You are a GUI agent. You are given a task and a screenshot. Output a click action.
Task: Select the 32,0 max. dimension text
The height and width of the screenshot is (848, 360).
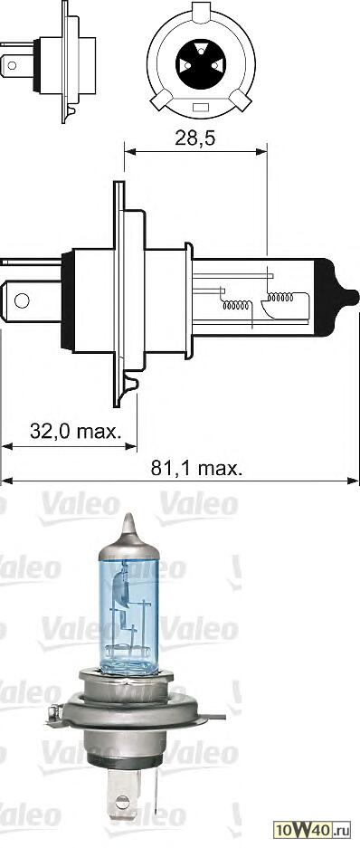pos(76,431)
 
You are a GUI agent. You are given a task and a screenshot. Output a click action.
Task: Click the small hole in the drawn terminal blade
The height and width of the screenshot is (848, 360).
pos(23,300)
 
